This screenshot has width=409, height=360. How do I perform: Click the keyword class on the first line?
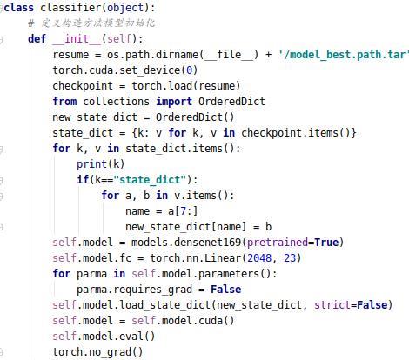tap(18, 8)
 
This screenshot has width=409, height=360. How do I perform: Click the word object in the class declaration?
tap(125, 8)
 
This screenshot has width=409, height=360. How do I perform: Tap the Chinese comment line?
tap(91, 23)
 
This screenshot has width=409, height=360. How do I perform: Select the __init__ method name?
tap(77, 38)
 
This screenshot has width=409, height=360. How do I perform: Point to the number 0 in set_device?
tap(189, 70)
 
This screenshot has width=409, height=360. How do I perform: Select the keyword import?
tap(174, 102)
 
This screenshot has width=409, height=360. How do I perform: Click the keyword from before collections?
tap(64, 102)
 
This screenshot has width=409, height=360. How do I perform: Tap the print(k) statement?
tap(101, 164)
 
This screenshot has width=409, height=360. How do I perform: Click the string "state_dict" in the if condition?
tap(150, 180)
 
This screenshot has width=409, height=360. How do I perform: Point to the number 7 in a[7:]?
tap(183, 211)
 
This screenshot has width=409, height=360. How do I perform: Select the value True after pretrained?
tap(326, 243)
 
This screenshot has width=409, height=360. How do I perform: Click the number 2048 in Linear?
tap(259, 258)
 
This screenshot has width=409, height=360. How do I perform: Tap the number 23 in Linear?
tap(290, 258)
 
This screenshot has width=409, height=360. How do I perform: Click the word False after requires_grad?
tap(226, 290)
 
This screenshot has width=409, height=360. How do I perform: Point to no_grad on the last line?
tap(110, 352)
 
